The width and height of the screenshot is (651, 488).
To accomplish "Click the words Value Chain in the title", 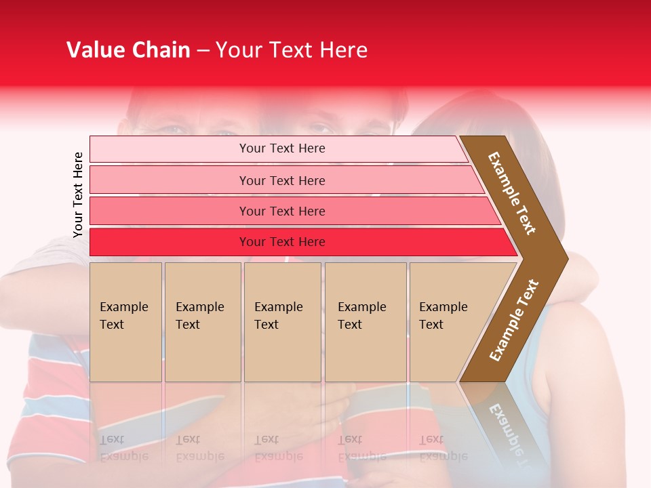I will pos(128,50).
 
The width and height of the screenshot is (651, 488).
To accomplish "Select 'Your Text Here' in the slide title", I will pos(292,50).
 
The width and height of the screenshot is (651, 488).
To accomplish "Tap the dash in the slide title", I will pos(203,51).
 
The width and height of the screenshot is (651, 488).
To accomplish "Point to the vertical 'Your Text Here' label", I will pos(78,195).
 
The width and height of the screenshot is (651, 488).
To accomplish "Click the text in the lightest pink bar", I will pos(282,148).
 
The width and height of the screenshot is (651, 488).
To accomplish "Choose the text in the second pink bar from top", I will pos(282,181).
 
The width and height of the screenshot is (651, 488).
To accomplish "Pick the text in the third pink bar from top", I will pos(282,211).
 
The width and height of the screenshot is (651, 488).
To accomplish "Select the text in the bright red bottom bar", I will pos(282,242).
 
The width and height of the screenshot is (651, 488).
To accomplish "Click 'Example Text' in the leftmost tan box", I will pos(123,316).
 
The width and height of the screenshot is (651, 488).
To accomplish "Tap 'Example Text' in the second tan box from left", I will pos(199,316).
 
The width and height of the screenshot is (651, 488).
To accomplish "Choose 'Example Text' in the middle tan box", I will pos(278,316).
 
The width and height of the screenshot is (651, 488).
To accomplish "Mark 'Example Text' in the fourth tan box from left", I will pos(361,316).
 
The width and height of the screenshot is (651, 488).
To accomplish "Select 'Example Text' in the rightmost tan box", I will pos(443,316).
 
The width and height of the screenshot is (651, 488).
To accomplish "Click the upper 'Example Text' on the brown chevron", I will pos(512,193).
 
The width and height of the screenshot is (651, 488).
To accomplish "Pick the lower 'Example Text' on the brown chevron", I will pos(513,321).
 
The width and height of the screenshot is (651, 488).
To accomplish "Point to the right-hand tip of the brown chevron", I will pos(566,258).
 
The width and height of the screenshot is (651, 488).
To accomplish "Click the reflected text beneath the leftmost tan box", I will pos(123,448).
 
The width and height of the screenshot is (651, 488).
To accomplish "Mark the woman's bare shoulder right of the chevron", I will pos(583,339).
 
